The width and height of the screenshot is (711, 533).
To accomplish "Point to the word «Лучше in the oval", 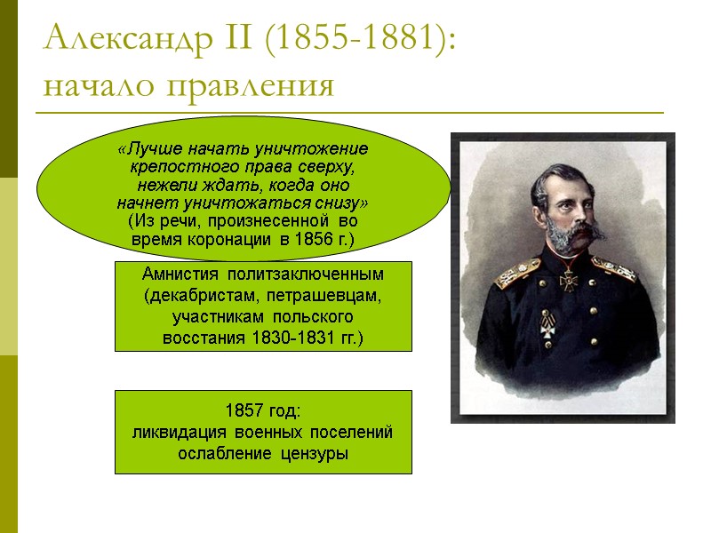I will point(147,147).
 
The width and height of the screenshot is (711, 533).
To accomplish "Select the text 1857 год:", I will point(263,412).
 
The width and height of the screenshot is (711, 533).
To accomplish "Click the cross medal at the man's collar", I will point(567,283).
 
